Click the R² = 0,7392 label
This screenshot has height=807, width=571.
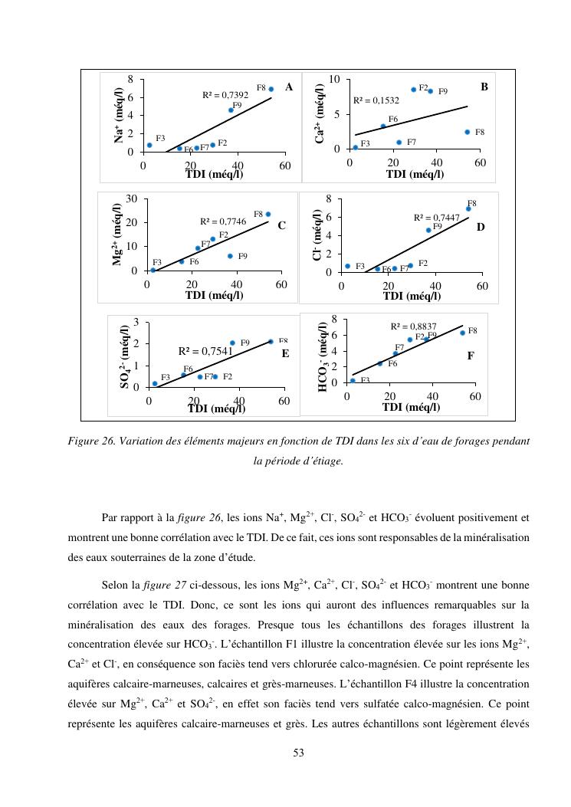225,95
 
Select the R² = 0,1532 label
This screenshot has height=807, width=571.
376,100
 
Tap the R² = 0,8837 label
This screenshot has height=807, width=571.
414,326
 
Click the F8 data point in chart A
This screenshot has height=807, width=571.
271,89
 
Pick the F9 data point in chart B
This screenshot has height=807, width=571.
431,91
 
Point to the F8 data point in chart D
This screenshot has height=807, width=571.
468,208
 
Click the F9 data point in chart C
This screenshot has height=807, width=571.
230,256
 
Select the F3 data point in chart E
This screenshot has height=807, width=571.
155,383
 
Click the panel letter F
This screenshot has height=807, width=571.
471,356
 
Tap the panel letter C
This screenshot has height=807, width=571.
281,225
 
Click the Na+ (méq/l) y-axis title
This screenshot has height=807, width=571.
120,113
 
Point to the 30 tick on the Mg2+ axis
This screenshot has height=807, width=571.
131,199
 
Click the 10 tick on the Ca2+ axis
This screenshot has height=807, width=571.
334,80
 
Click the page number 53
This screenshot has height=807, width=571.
299,753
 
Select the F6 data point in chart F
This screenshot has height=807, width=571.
379,363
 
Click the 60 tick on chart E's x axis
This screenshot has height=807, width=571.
284,401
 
